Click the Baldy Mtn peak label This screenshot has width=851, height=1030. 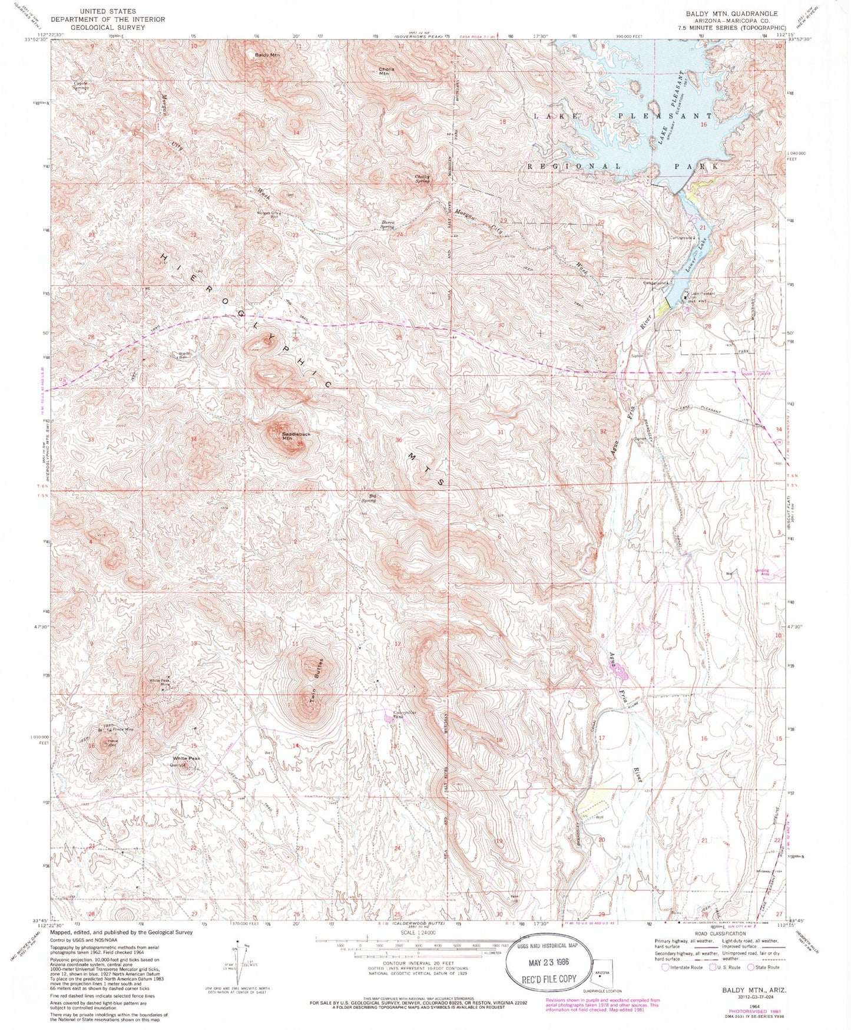tap(267, 55)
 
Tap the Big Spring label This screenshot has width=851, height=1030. tap(369, 499)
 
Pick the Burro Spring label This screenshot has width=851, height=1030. tap(386, 225)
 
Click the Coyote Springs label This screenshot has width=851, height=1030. tap(81, 85)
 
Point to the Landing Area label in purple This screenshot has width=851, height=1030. tap(761, 571)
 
